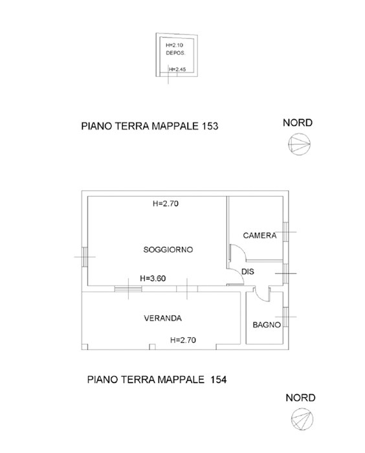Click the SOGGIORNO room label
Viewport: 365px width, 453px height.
click(168, 249)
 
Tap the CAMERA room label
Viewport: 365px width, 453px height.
click(260, 236)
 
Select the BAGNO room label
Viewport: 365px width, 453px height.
click(267, 325)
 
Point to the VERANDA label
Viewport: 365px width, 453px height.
click(162, 318)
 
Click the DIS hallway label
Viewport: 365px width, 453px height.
click(248, 272)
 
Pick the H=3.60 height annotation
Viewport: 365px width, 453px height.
click(153, 278)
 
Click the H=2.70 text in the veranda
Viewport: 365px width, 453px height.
click(183, 340)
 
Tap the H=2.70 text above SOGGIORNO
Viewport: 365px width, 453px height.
click(166, 204)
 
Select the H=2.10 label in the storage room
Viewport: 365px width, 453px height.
click(174, 45)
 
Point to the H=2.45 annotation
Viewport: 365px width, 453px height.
click(177, 69)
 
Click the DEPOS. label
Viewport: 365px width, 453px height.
click(175, 53)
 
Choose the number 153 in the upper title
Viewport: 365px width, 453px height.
click(210, 126)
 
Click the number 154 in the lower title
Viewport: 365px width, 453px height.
click(219, 379)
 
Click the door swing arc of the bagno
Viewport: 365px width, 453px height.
click(260, 298)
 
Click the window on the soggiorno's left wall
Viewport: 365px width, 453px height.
click(84, 256)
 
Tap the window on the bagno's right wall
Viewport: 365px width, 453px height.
click(286, 317)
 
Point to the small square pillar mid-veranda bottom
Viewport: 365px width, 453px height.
click(153, 347)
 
